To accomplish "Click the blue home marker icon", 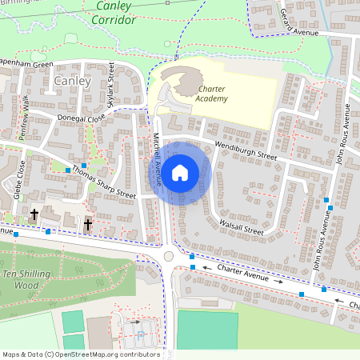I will [x=180, y=171].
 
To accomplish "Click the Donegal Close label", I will [x=81, y=118].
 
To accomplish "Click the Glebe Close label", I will [x=19, y=178].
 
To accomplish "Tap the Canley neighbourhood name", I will [x=72, y=81].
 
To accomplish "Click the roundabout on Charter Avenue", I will [x=169, y=256].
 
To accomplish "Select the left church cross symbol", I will [x=34, y=214].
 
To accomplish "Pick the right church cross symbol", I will [x=88, y=224].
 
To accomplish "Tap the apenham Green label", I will [x=26, y=65].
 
